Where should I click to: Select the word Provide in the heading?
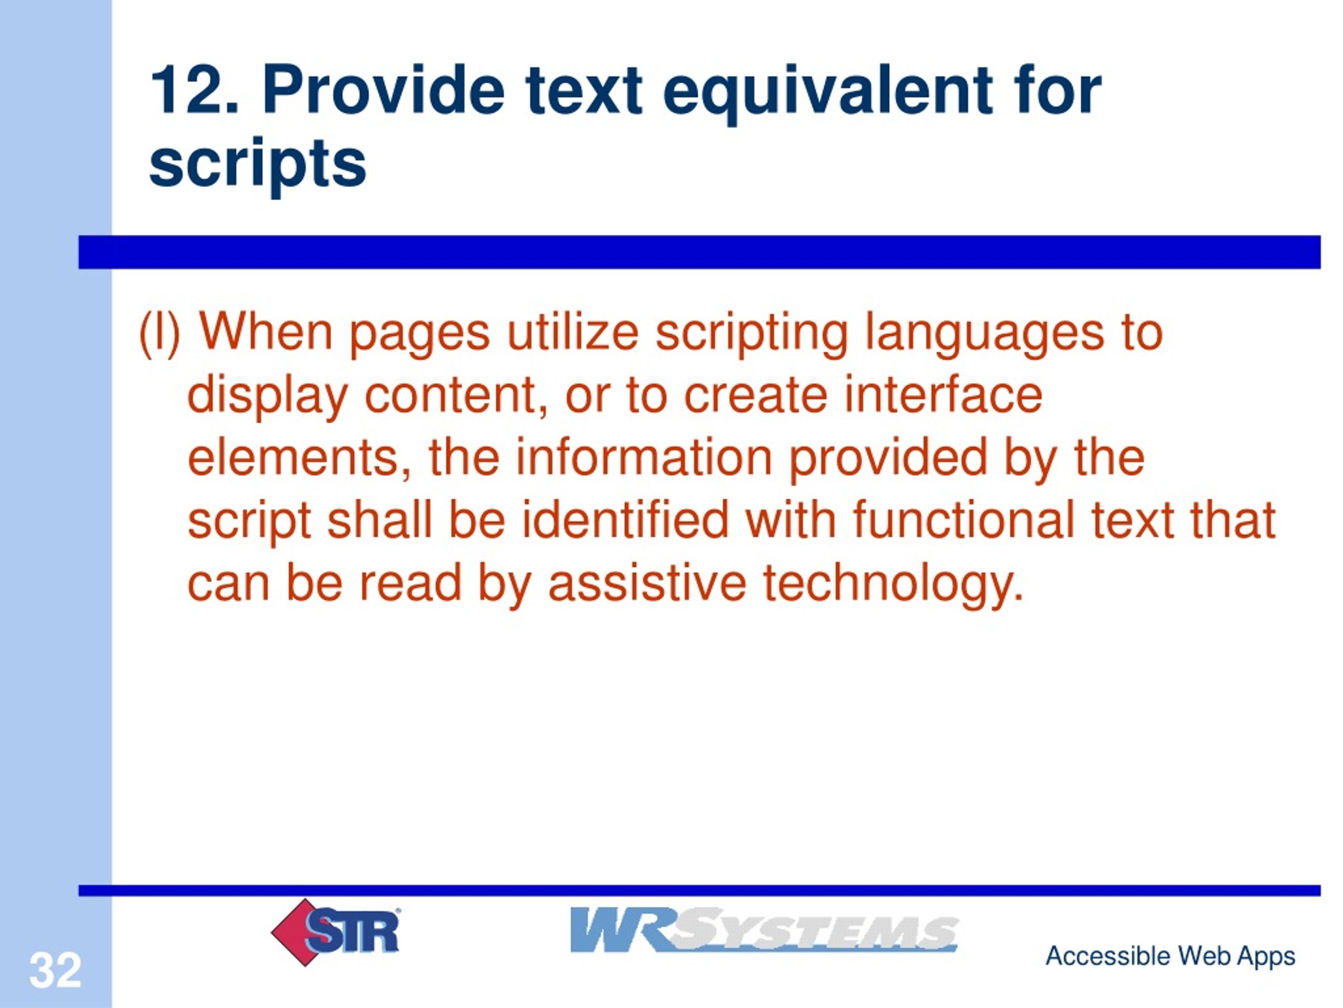383,91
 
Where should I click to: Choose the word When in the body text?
266,332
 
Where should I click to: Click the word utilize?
572,332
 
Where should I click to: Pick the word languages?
984,335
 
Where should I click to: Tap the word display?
267,397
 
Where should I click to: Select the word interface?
943,395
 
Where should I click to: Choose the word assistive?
647,583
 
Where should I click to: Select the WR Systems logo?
764,930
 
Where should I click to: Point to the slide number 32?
55,970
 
